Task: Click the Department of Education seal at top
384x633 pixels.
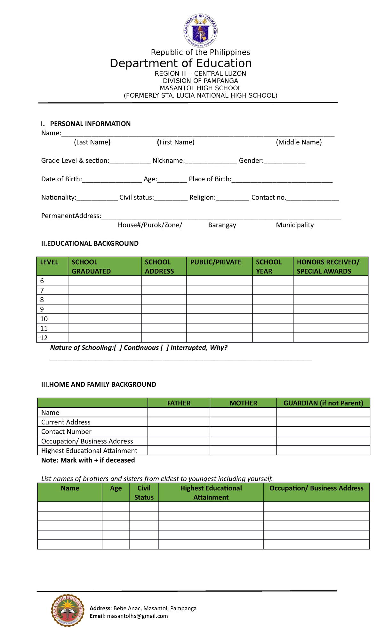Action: (201, 31)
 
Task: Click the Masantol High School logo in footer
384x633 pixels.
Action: (68, 611)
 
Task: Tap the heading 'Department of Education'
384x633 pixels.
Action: (180, 63)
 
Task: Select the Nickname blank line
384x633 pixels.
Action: (211, 161)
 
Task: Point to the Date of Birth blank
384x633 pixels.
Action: (112, 180)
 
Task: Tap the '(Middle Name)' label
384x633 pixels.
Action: (299, 142)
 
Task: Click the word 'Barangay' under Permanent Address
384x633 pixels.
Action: (222, 225)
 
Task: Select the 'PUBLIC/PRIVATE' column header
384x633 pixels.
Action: (216, 262)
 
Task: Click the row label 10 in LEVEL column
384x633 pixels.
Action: (44, 319)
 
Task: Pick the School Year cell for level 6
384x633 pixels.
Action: (273, 281)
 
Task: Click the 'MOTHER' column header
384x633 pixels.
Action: (243, 403)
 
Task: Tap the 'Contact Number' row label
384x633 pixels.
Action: (66, 432)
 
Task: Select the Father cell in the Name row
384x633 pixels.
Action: (179, 413)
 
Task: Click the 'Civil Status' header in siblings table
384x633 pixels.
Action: (144, 493)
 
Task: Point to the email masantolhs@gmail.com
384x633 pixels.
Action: (137, 616)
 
